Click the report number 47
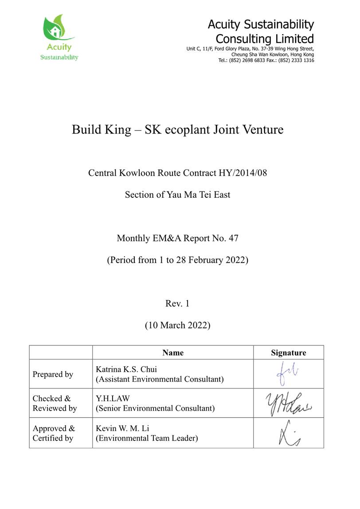233,238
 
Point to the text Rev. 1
177,303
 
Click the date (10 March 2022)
177,325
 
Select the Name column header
173,353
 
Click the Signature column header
288,353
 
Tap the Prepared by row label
53,374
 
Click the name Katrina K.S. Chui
126,369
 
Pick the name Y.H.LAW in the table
113,399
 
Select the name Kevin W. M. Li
123,429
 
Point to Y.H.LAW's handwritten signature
288,404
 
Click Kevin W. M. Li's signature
288,434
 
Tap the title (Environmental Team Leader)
147,439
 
